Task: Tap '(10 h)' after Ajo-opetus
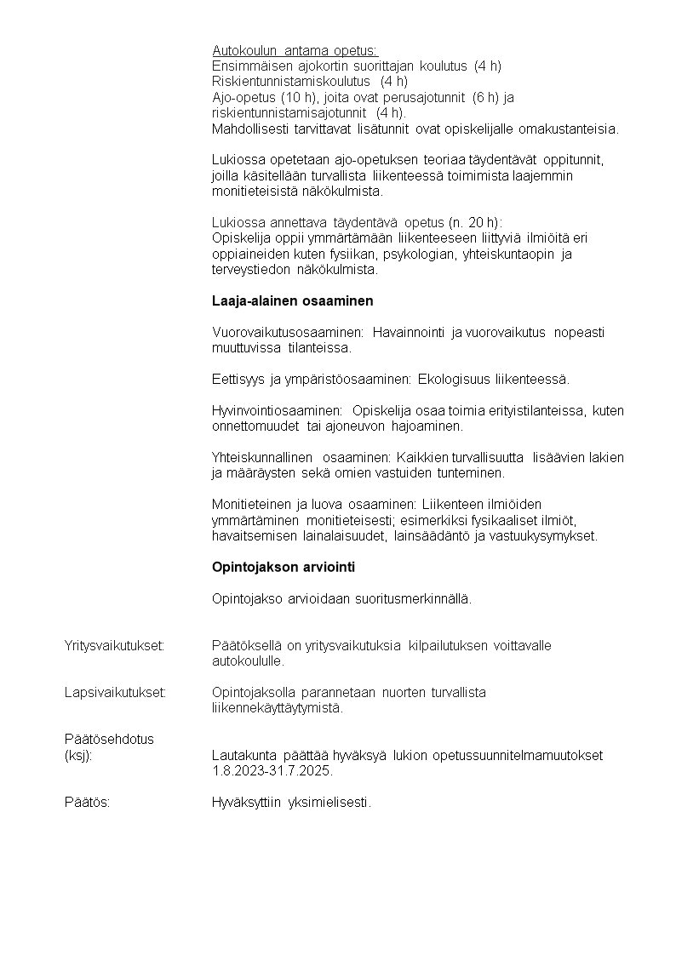coord(299,98)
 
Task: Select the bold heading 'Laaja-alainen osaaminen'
coord(292,301)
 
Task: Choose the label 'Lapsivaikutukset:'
coord(115,692)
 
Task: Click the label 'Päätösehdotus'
coord(109,739)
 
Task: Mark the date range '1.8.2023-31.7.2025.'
coord(272,771)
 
